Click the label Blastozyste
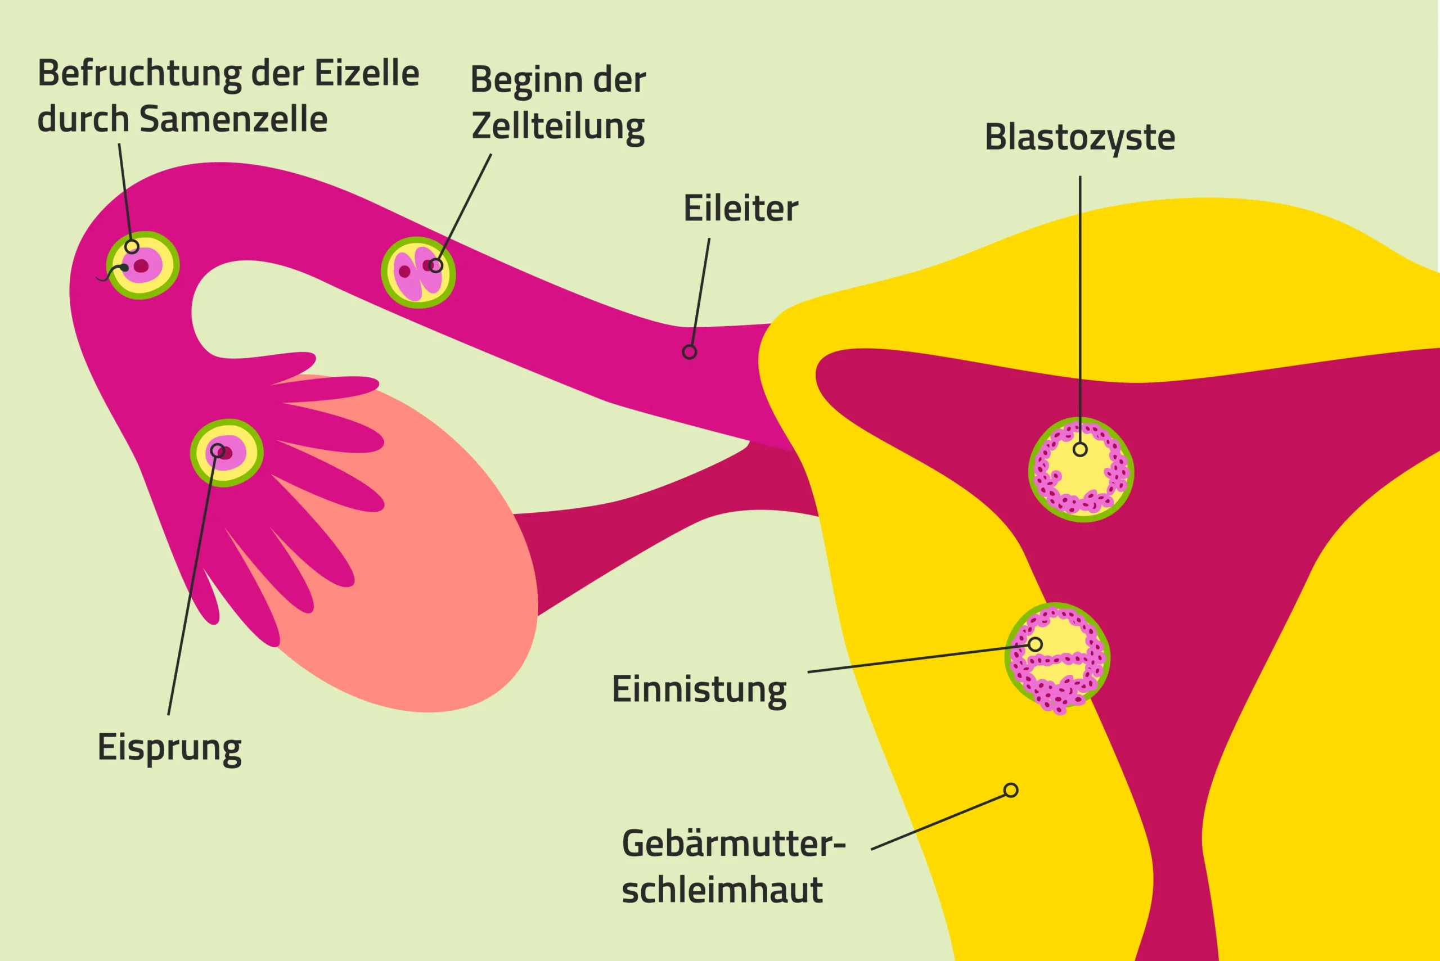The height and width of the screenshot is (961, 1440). pos(1079,137)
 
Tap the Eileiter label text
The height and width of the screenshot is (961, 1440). pos(741,209)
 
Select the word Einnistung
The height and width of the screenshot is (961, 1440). pos(699,690)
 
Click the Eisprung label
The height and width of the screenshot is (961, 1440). pos(169,748)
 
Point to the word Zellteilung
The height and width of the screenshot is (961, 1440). pos(558,127)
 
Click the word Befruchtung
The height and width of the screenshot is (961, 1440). pos(141,74)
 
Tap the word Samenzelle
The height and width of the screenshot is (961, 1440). pos(233,119)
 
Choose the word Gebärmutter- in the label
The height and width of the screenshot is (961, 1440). pos(733,844)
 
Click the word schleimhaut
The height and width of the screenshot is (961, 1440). pos(722,890)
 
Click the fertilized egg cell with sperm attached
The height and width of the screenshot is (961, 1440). pos(143,265)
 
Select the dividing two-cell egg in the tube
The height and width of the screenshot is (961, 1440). pos(418,272)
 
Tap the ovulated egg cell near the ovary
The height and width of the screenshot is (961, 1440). pos(227,453)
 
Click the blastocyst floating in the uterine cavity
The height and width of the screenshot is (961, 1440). pos(1081,470)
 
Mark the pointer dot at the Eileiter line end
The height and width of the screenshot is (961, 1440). pos(690,352)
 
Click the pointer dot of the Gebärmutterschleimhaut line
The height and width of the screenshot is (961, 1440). pos(1011,790)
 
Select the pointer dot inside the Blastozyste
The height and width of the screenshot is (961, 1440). pos(1080,449)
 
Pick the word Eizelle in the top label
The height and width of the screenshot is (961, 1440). pos(367,74)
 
